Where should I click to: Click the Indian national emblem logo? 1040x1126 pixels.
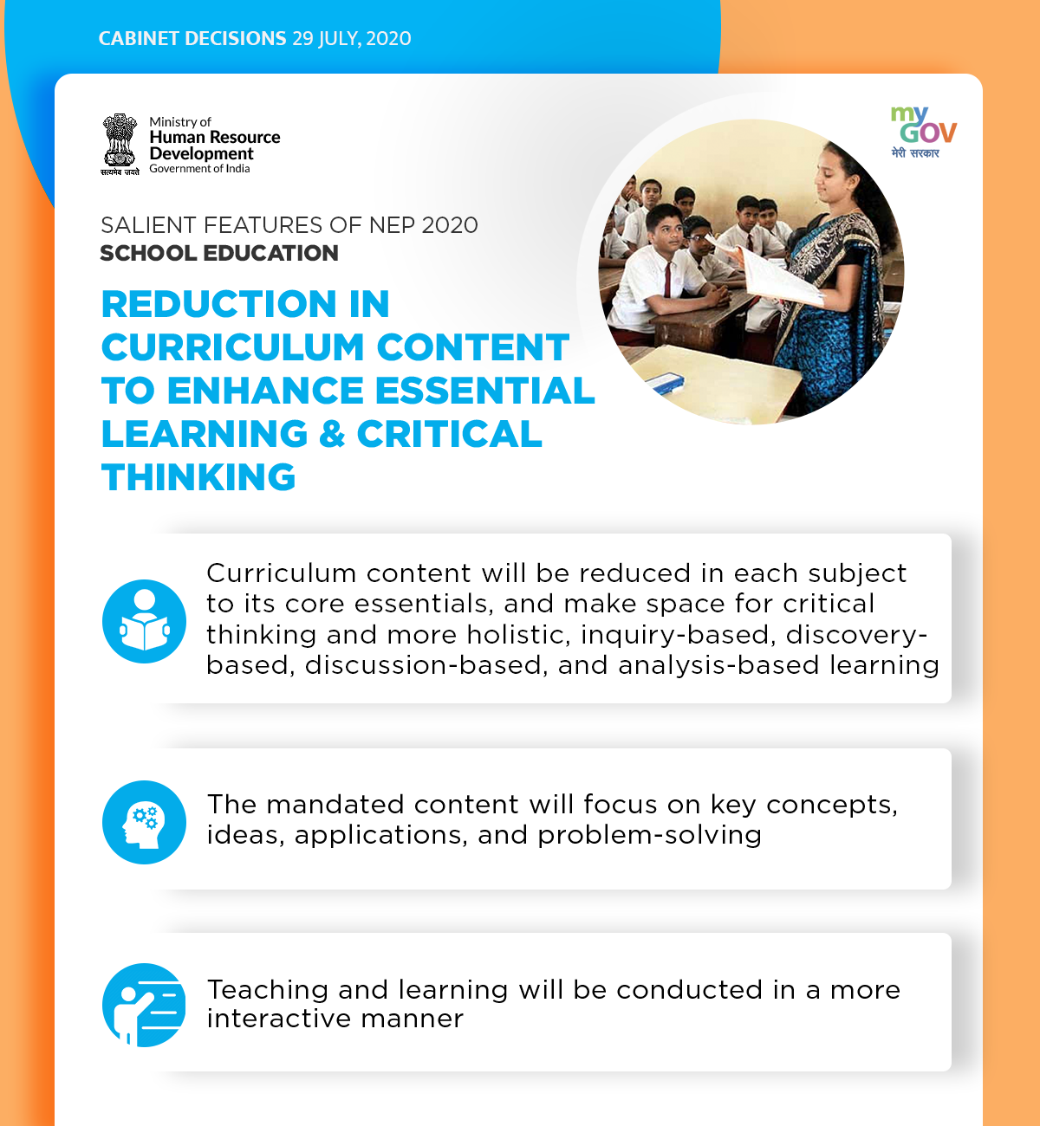coord(120,144)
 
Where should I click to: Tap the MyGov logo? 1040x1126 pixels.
coord(923,133)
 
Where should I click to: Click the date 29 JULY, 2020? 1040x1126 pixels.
coord(352,39)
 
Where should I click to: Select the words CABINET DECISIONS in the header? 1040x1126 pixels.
coord(192,39)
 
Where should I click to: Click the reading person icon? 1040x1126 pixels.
coord(144,621)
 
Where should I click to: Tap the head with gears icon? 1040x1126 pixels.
coord(144,822)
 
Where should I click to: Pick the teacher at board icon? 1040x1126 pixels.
coord(144,1005)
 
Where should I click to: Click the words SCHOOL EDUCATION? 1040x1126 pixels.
coord(219,253)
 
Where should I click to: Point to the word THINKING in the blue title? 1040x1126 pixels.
coord(198,476)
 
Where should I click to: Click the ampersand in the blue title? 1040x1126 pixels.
coord(332,434)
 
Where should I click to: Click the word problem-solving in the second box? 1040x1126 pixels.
coord(650,836)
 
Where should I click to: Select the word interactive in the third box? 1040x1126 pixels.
coord(278,1019)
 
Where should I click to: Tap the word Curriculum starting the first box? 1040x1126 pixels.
coord(281,573)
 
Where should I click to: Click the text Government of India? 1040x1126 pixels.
coord(199,168)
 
